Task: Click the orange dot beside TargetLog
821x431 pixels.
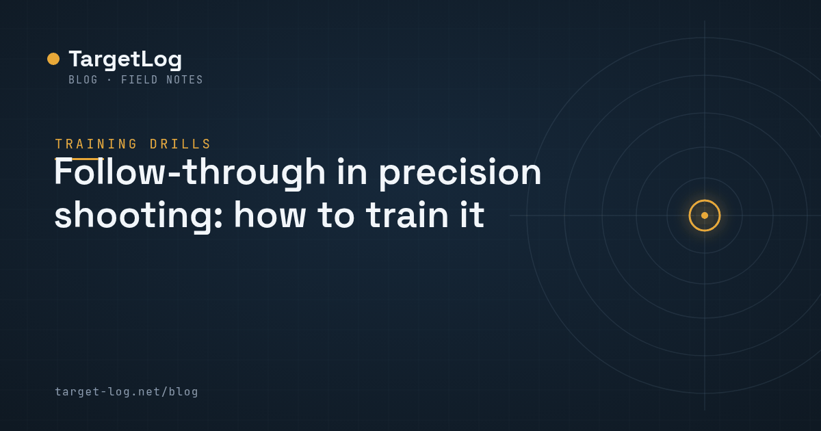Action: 53,59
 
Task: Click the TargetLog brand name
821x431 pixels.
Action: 125,60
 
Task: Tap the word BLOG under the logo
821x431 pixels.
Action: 83,80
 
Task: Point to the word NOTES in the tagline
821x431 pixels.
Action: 184,80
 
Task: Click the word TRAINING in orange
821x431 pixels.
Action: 96,144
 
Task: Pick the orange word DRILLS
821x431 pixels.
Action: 180,144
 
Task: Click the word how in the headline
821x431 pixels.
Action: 270,215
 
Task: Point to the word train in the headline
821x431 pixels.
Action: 407,215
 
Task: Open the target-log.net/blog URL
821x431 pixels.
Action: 127,392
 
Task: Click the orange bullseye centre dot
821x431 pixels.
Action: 705,215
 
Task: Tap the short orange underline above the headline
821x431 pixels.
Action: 79,159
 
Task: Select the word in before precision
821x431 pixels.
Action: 352,172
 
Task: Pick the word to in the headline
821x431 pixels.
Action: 336,215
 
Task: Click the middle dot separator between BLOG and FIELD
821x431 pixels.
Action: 109,80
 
